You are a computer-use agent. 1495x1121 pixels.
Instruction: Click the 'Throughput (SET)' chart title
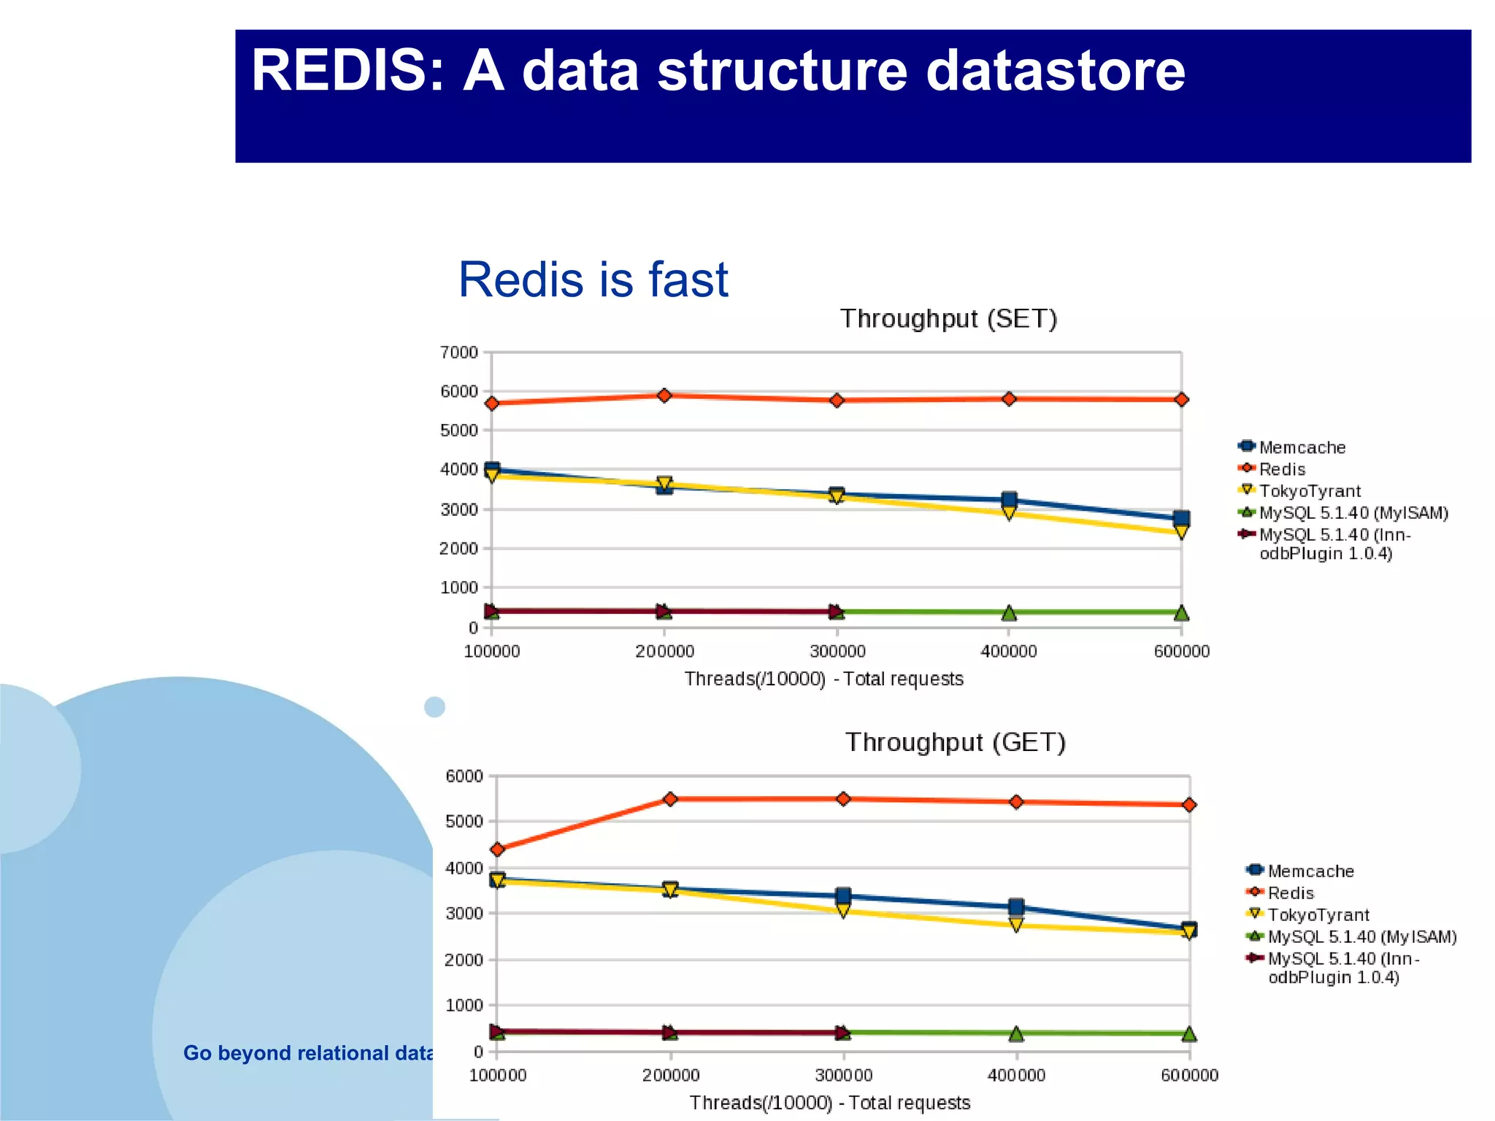(948, 319)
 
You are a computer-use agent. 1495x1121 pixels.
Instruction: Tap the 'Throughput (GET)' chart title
(956, 742)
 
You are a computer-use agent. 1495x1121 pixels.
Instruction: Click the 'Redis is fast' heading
(593, 280)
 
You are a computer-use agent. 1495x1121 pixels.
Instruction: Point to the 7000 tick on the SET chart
(458, 353)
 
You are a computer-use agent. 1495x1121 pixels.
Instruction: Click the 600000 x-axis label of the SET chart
(1181, 651)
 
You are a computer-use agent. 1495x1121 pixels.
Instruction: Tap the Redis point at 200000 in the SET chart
(664, 396)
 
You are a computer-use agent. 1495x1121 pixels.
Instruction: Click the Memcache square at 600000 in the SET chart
(1181, 518)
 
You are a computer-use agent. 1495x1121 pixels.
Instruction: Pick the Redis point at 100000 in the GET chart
(498, 850)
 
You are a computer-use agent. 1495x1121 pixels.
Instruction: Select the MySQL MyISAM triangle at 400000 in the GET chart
(1016, 1033)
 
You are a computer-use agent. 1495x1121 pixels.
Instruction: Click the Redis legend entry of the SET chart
(1281, 469)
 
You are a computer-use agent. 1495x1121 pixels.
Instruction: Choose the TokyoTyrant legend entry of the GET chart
(1318, 915)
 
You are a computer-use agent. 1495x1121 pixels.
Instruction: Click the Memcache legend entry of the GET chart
(1310, 871)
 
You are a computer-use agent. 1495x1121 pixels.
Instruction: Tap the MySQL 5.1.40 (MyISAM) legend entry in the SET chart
(1353, 513)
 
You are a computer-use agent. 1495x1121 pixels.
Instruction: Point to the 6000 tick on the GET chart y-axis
(464, 777)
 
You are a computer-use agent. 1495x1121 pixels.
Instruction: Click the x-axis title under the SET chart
(823, 679)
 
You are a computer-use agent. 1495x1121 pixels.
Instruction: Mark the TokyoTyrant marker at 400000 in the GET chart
(1016, 925)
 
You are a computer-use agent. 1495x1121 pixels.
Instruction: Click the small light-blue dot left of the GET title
(434, 706)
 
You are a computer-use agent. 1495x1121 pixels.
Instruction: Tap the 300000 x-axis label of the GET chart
(843, 1075)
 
